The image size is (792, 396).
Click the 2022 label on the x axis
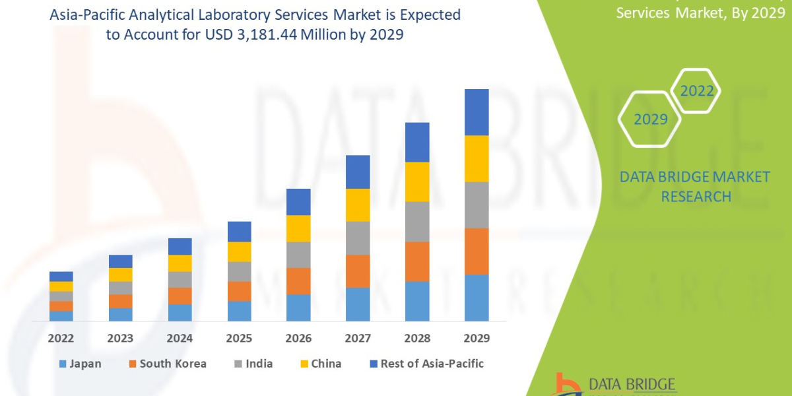pyautogui.click(x=61, y=339)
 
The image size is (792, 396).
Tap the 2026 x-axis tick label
pyautogui.click(x=298, y=339)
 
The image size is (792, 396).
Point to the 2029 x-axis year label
pyautogui.click(x=477, y=339)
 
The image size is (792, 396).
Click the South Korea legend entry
pyautogui.click(x=166, y=364)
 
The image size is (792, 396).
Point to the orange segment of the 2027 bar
pyautogui.click(x=358, y=271)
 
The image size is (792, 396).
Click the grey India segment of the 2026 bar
pyautogui.click(x=298, y=255)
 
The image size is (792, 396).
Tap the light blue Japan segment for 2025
pyautogui.click(x=239, y=311)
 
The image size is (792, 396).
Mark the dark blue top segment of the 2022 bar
pyautogui.click(x=61, y=277)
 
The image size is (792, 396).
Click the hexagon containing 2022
pyautogui.click(x=697, y=91)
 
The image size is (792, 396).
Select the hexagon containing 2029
pyautogui.click(x=650, y=119)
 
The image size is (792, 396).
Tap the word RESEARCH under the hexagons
pyautogui.click(x=696, y=197)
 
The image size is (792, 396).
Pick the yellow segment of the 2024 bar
pyautogui.click(x=180, y=263)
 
